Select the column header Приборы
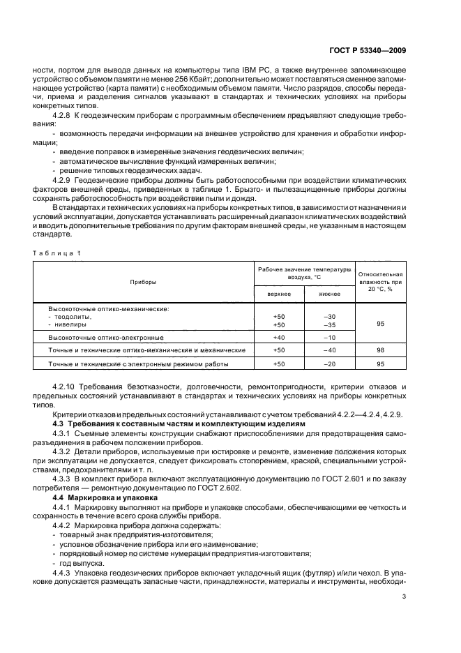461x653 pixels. [142, 282]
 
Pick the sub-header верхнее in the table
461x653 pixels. [280, 294]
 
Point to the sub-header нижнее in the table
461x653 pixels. [330, 294]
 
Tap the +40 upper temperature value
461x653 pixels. [280, 338]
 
